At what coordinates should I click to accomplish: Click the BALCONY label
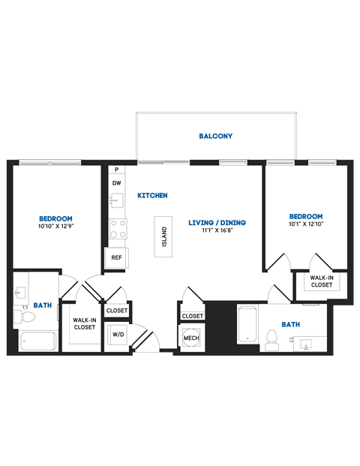(x=215, y=137)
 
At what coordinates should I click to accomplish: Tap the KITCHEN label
(x=152, y=195)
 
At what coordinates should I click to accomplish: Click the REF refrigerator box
(x=116, y=257)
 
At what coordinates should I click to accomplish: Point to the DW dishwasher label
(x=116, y=183)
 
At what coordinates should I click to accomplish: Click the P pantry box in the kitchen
(x=116, y=170)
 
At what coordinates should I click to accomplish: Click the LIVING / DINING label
(x=217, y=223)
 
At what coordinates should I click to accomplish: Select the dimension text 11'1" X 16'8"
(x=217, y=231)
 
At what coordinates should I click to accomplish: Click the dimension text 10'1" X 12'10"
(x=305, y=224)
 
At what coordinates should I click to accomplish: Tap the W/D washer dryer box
(x=118, y=335)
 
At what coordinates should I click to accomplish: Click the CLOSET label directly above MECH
(x=192, y=316)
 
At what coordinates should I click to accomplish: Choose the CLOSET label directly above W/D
(x=117, y=311)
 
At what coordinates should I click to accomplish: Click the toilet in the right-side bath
(x=273, y=338)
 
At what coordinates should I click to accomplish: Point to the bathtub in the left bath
(x=37, y=342)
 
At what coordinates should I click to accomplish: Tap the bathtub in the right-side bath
(x=247, y=325)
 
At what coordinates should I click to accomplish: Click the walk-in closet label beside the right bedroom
(x=322, y=281)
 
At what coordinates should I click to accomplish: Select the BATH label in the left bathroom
(x=41, y=305)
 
